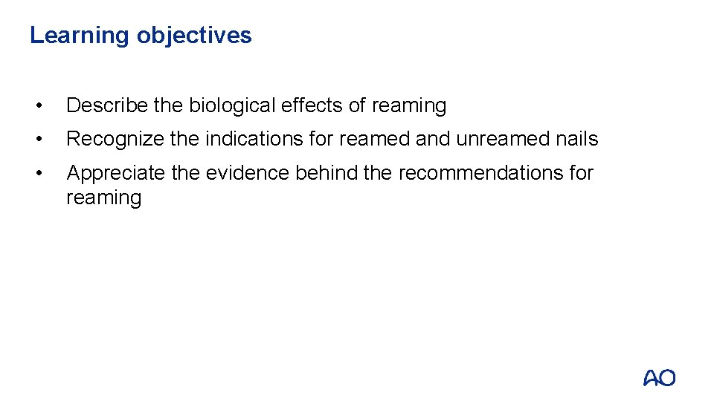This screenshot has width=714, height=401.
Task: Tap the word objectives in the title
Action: (x=195, y=36)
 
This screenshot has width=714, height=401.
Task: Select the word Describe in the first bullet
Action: (x=107, y=106)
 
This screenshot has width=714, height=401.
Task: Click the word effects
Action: (x=312, y=106)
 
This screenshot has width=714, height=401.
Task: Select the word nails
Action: (x=579, y=139)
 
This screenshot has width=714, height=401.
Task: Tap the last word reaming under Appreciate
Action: (x=103, y=198)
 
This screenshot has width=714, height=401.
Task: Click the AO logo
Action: (x=659, y=378)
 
